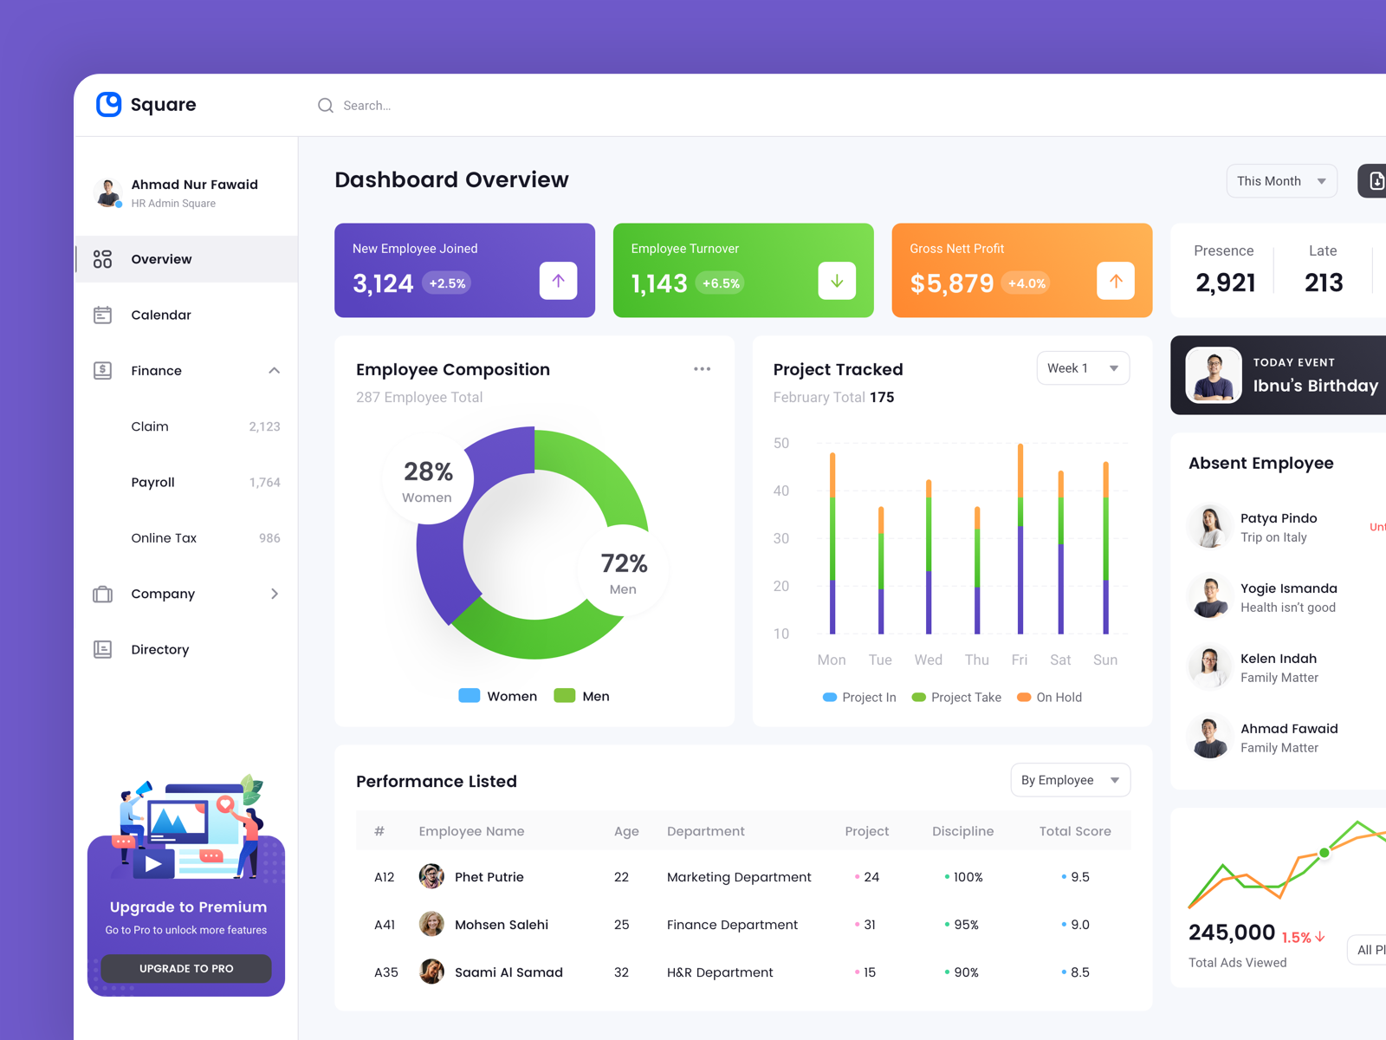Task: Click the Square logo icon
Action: (108, 104)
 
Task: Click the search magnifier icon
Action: (326, 106)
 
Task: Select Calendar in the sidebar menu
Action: (161, 315)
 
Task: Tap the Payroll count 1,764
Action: (264, 483)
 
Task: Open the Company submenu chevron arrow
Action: (275, 594)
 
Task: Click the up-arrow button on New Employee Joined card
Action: (558, 281)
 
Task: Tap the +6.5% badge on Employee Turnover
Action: (720, 283)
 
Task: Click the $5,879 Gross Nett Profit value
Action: (951, 283)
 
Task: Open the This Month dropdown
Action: (1281, 181)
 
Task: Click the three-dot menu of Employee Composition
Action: (702, 369)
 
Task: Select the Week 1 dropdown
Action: (1082, 368)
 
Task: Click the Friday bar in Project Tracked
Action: (1020, 537)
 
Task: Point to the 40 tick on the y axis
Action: (781, 491)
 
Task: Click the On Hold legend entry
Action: (1050, 698)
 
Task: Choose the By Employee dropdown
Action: (1070, 780)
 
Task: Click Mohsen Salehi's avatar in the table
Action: (431, 925)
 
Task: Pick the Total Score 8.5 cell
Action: (1078, 972)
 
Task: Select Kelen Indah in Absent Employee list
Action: (1278, 659)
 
